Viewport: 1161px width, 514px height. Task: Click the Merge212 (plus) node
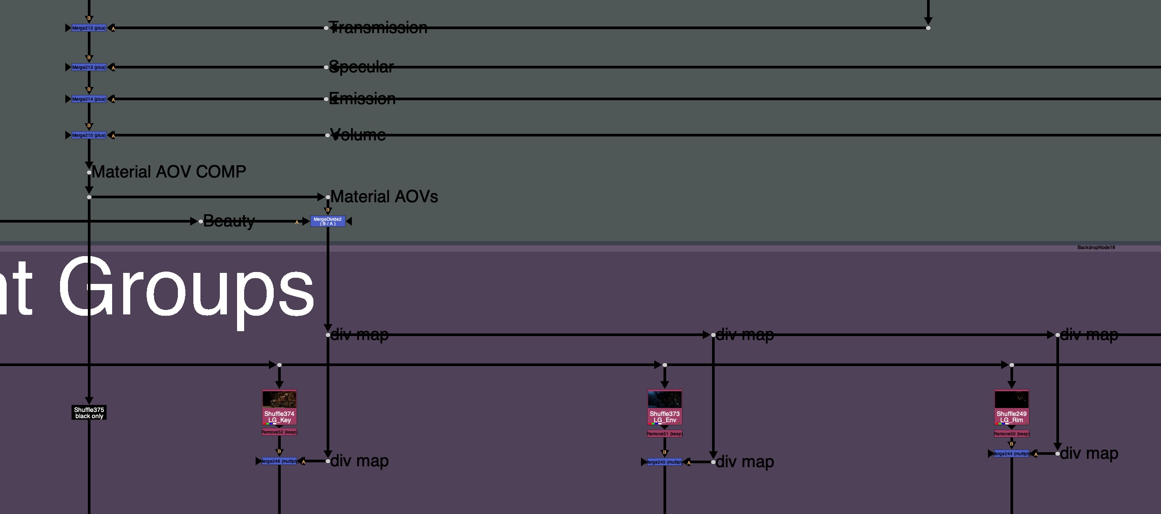[89, 28]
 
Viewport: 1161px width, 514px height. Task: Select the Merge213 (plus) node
[89, 67]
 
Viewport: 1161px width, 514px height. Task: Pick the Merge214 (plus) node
[89, 99]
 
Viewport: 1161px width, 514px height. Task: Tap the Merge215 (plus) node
[89, 135]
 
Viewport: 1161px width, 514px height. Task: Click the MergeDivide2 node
[328, 221]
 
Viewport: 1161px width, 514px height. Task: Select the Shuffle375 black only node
[89, 412]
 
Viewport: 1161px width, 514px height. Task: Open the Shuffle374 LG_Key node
[279, 407]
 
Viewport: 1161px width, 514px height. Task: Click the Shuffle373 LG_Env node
[664, 407]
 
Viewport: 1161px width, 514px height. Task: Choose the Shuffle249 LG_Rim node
[1011, 407]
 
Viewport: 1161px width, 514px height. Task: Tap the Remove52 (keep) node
[279, 432]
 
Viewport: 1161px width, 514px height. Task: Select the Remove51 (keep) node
[664, 434]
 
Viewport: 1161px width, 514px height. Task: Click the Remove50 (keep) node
[1011, 434]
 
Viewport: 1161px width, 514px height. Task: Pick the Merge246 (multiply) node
[279, 461]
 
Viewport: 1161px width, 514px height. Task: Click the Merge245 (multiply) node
[664, 462]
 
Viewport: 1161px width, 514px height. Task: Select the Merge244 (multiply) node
[1011, 454]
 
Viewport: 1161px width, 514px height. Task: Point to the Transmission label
[379, 28]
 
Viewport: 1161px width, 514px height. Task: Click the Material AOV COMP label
[169, 172]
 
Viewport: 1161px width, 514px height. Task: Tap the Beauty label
[229, 221]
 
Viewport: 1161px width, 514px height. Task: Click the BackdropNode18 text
[1096, 248]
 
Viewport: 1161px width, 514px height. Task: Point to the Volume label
[358, 135]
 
